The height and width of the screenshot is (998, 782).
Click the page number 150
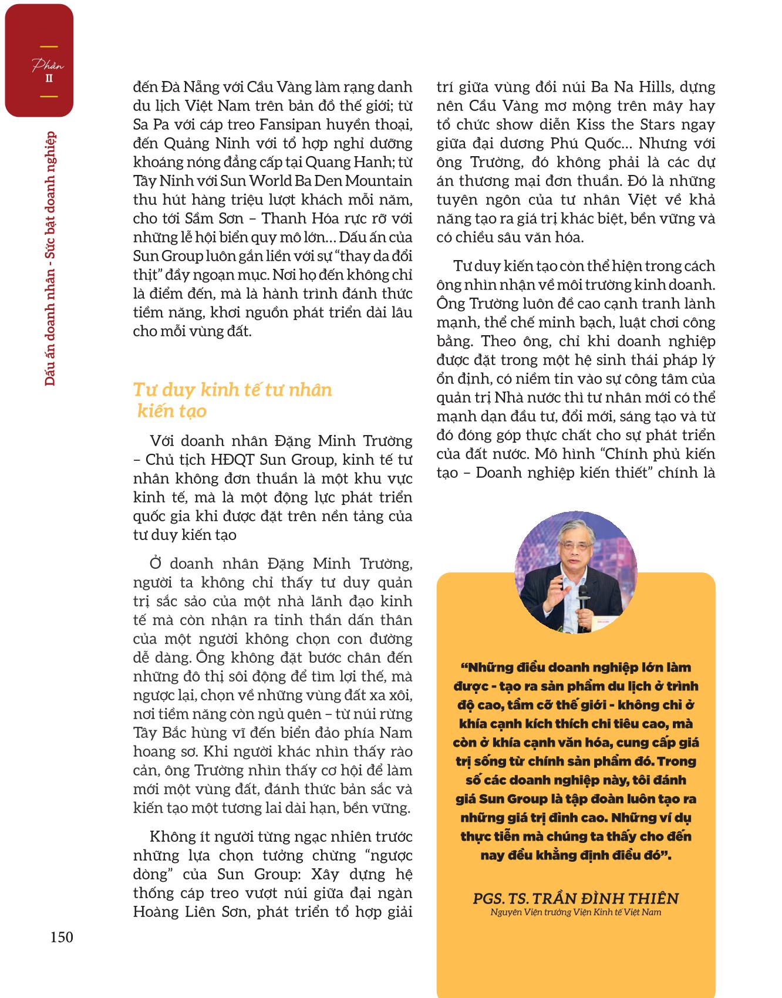(x=62, y=937)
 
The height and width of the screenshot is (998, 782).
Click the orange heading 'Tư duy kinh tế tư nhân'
(x=232, y=390)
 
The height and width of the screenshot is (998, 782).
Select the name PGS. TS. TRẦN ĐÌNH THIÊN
(x=575, y=898)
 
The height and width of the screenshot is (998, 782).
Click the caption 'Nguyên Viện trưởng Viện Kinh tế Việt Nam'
(x=575, y=912)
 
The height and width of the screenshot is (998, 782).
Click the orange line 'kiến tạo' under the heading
(x=171, y=411)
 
